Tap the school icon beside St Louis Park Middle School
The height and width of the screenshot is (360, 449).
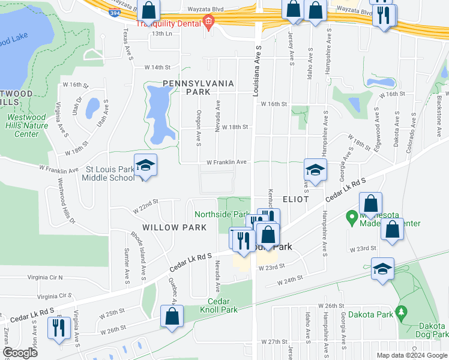[145, 166]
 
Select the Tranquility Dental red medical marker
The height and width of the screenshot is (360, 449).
[209, 23]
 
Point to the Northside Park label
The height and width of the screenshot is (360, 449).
[221, 214]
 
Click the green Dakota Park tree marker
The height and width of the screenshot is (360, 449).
[402, 313]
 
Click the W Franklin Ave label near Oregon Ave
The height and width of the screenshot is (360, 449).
[227, 162]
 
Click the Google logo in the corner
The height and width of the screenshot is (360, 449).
[20, 353]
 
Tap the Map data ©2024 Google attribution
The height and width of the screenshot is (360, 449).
[411, 355]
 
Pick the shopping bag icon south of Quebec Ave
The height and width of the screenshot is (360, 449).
[172, 316]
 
